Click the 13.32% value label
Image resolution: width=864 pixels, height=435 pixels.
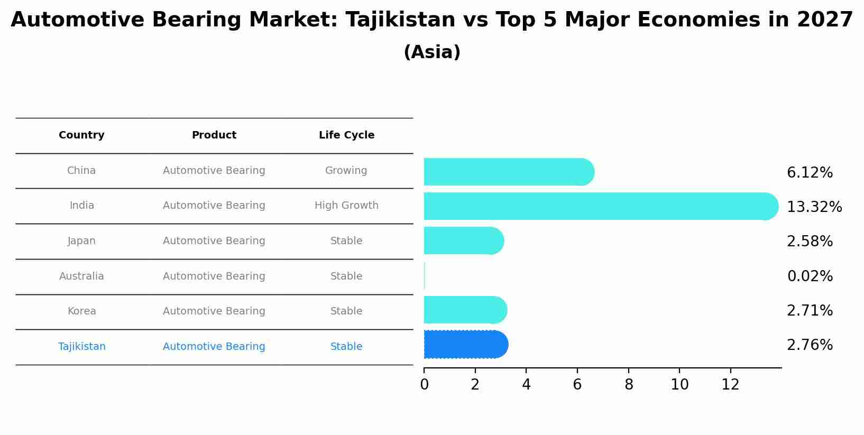pos(814,207)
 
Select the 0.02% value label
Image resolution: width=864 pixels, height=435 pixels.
pos(810,276)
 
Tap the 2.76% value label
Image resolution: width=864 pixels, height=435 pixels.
pos(810,345)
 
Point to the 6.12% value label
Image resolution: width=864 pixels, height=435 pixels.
pos(810,173)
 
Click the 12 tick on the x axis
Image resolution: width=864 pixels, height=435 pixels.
pos(730,385)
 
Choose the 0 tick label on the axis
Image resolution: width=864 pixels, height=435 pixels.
pos(424,385)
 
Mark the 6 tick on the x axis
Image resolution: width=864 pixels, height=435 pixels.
pos(577,385)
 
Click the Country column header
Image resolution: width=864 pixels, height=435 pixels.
pos(81,135)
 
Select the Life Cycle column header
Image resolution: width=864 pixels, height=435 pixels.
pos(346,135)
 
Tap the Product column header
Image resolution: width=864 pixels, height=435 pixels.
pos(214,135)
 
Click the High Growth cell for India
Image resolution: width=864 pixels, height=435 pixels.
pos(346,206)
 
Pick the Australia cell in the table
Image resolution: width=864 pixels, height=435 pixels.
pos(81,276)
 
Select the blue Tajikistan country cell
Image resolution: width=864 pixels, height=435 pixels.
pos(82,347)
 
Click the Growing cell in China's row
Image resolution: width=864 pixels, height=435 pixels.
pos(346,171)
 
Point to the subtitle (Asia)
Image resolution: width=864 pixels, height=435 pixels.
pos(432,52)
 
